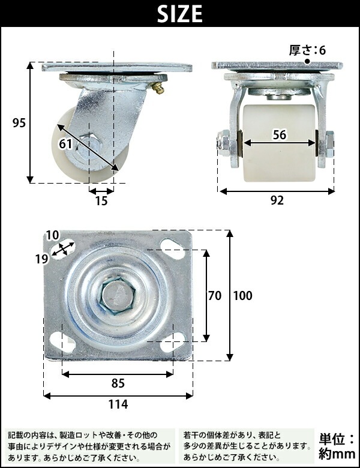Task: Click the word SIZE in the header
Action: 180,14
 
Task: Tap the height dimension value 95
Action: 19,122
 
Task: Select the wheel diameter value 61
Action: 65,144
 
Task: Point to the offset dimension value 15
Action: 101,201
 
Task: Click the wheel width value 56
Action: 280,135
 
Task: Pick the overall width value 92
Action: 277,200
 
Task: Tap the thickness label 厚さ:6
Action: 307,50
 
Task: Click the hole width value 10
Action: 52,235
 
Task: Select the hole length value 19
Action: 42,259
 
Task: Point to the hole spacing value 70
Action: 215,295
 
